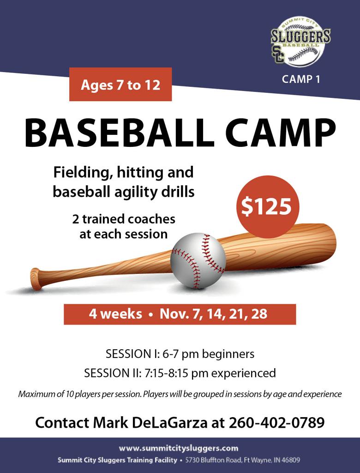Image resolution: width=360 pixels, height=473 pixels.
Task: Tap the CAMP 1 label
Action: click(301, 79)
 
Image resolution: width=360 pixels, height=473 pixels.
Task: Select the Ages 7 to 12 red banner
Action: click(120, 84)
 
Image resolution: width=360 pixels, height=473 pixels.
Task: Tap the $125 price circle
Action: click(267, 207)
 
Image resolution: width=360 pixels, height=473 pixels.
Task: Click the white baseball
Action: click(198, 261)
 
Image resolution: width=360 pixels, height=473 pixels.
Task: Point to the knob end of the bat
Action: click(36, 279)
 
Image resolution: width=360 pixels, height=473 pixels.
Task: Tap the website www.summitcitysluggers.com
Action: click(179, 448)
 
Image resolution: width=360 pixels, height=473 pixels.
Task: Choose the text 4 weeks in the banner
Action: click(115, 314)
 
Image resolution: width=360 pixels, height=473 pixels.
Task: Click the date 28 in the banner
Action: click(259, 314)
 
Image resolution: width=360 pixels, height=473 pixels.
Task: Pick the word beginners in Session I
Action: click(228, 353)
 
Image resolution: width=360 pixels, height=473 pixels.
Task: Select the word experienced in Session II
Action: click(243, 373)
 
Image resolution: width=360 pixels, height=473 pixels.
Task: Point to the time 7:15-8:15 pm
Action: click(176, 373)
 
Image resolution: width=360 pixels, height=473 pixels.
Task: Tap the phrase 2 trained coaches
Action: click(124, 219)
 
